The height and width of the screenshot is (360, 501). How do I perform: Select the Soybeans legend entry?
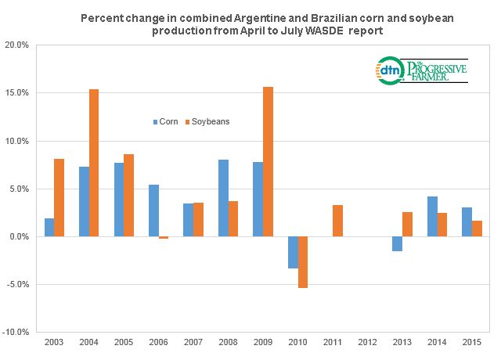[x=207, y=122]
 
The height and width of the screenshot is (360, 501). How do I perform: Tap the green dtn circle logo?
[x=389, y=70]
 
